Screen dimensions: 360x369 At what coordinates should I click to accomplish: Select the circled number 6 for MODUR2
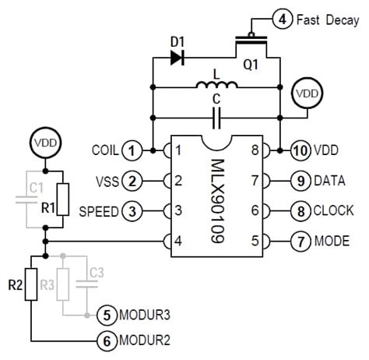pos(104,341)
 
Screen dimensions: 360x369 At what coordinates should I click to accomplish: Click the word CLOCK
pos(333,210)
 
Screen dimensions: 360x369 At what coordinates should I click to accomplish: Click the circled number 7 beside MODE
pos(300,241)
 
